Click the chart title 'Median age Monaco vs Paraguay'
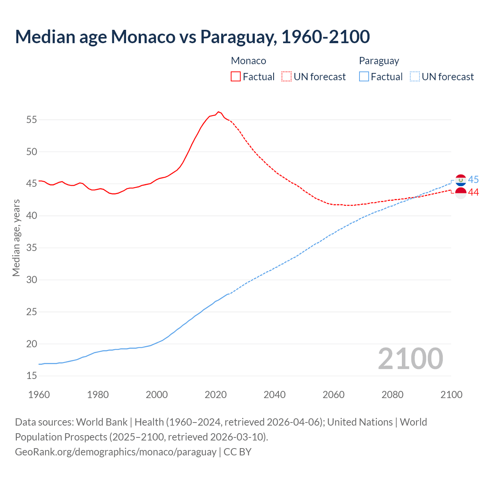[192, 37]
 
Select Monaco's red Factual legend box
[236, 76]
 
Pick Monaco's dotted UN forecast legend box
[287, 76]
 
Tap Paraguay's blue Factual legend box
[364, 76]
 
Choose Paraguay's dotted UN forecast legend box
[415, 76]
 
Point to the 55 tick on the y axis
[32, 120]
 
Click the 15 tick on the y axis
[32, 376]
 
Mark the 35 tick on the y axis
[32, 248]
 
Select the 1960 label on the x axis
[39, 395]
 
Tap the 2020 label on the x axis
[216, 395]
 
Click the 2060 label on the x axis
[334, 395]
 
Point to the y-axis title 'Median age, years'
[16, 238]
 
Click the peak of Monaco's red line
[218, 112]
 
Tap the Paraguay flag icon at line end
[461, 180]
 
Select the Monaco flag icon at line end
[461, 193]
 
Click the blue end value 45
[473, 180]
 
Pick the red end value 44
[473, 193]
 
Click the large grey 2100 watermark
[410, 359]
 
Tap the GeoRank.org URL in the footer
[116, 452]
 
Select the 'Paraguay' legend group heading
[379, 61]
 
